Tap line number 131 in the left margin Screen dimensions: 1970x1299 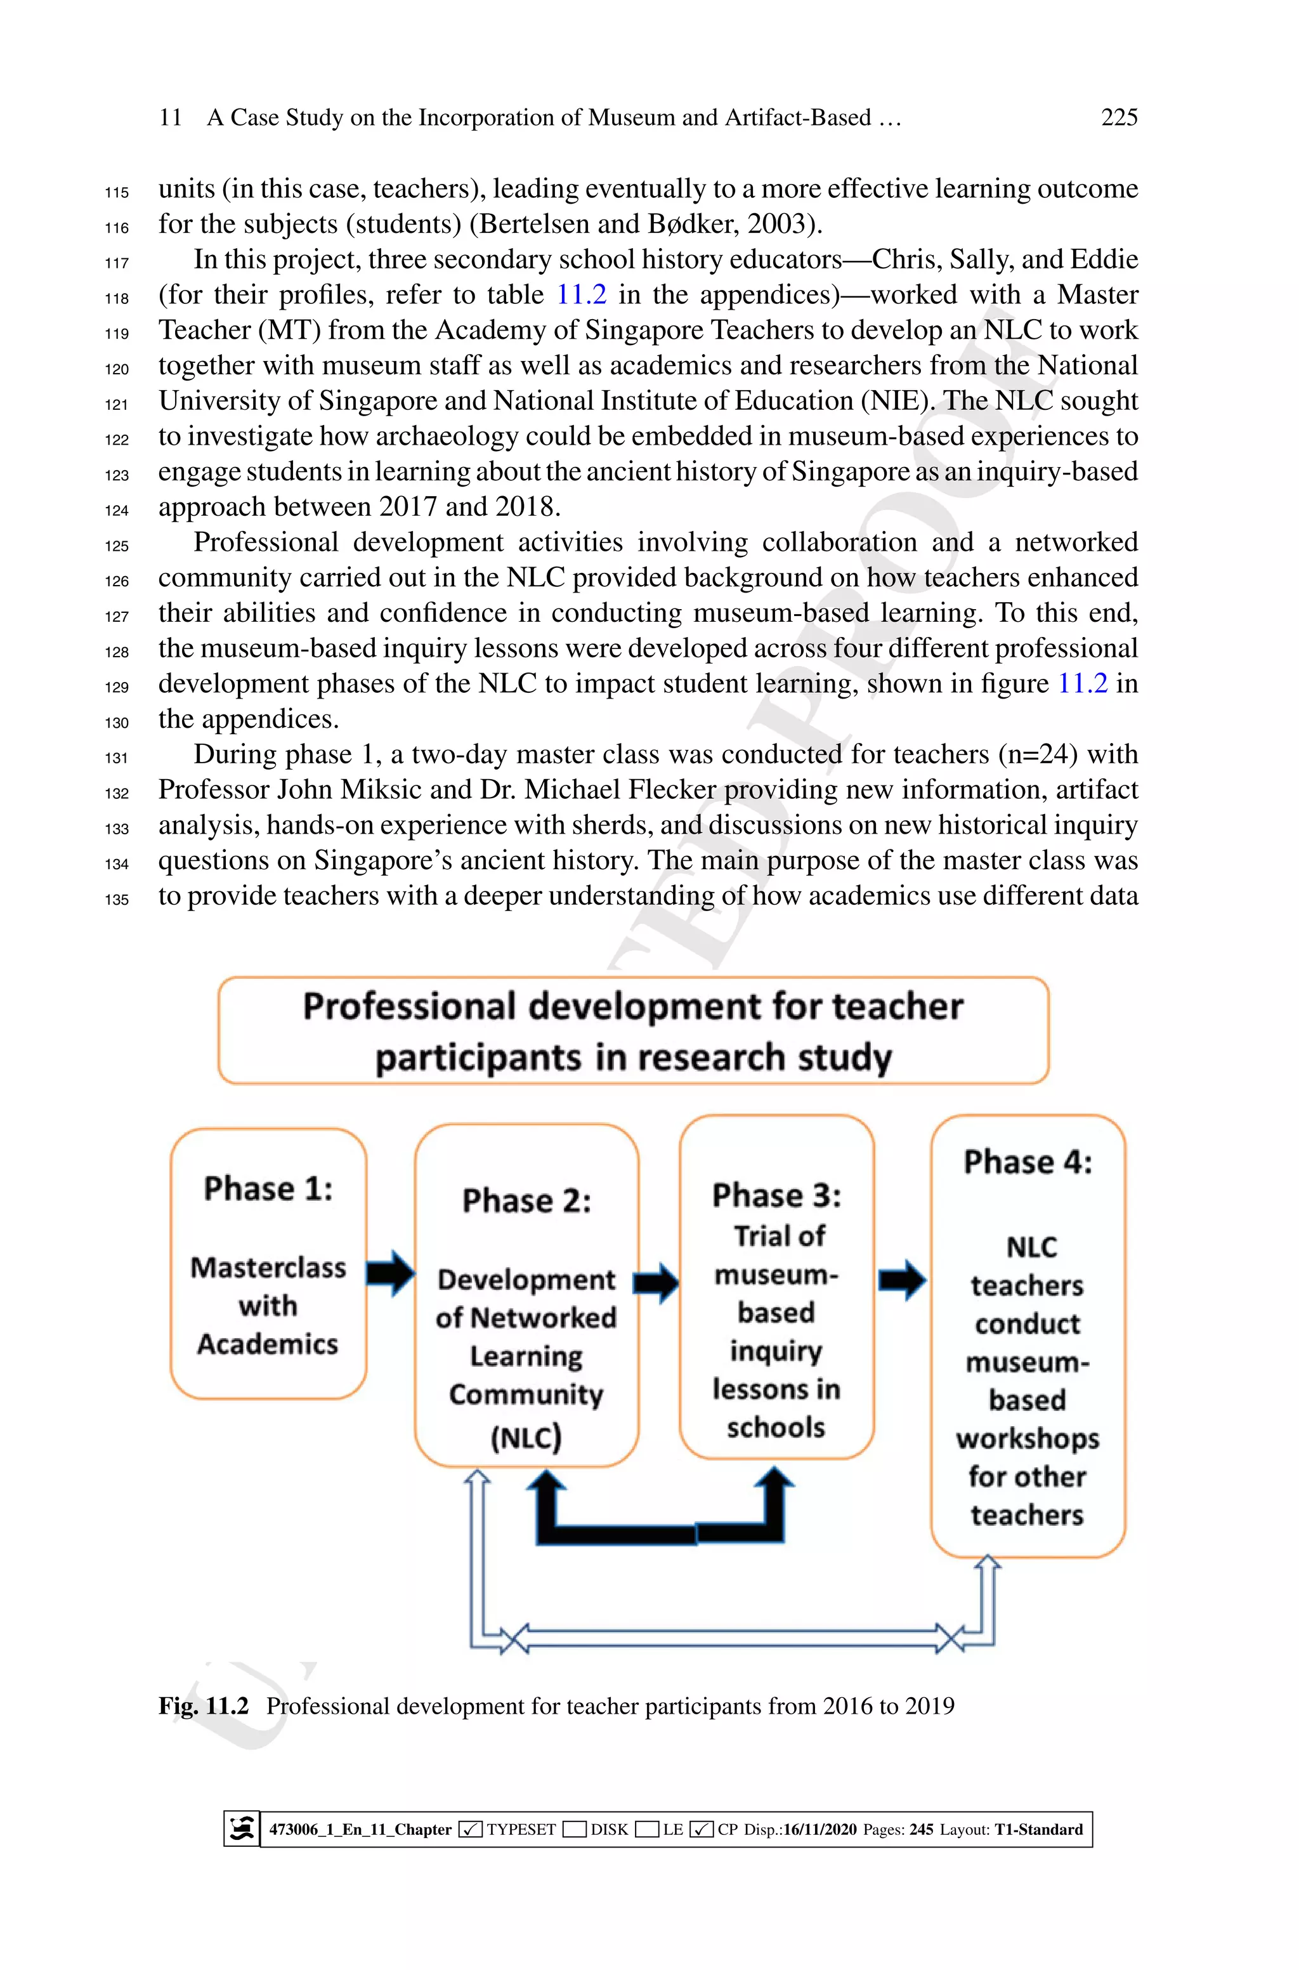click(117, 757)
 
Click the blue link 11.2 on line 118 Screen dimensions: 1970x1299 click(581, 295)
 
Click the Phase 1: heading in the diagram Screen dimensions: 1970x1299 click(268, 1189)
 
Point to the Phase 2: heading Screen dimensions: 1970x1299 click(527, 1201)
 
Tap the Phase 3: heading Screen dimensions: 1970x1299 click(776, 1195)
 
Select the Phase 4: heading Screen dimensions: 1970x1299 click(1028, 1162)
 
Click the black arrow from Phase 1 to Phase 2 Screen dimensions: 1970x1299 click(390, 1273)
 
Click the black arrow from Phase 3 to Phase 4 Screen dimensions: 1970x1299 click(902, 1280)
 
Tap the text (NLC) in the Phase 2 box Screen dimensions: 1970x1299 click(526, 1436)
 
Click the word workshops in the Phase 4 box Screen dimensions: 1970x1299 click(1028, 1439)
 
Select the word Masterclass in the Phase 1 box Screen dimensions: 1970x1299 click(268, 1268)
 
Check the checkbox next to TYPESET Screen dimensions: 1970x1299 click(470, 1829)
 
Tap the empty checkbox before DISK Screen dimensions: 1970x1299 click(574, 1829)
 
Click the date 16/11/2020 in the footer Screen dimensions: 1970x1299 click(819, 1829)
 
